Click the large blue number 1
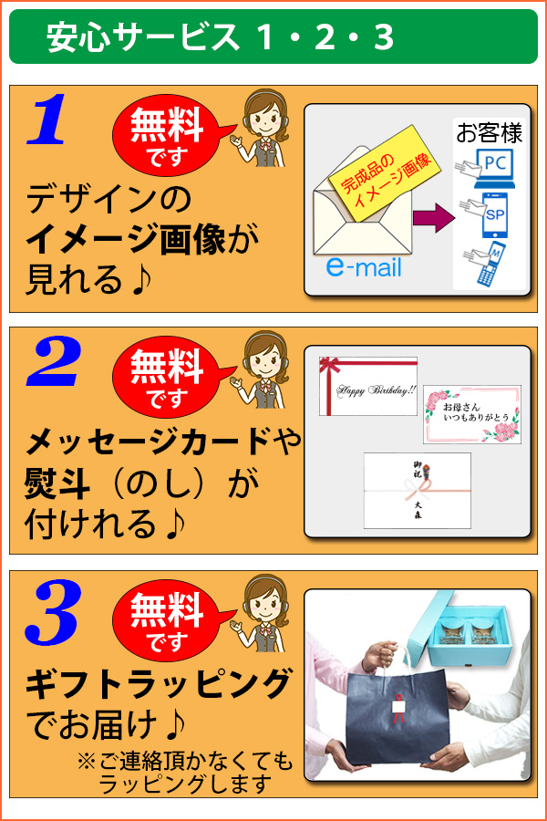coord(47,120)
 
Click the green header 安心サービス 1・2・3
coord(273,36)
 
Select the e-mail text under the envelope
coord(364,268)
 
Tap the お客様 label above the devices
coord(490,134)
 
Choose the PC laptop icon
coord(492,166)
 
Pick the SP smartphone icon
coord(492,216)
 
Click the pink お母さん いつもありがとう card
coord(472,413)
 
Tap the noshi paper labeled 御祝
coord(418,490)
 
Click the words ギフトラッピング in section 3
coord(159,682)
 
